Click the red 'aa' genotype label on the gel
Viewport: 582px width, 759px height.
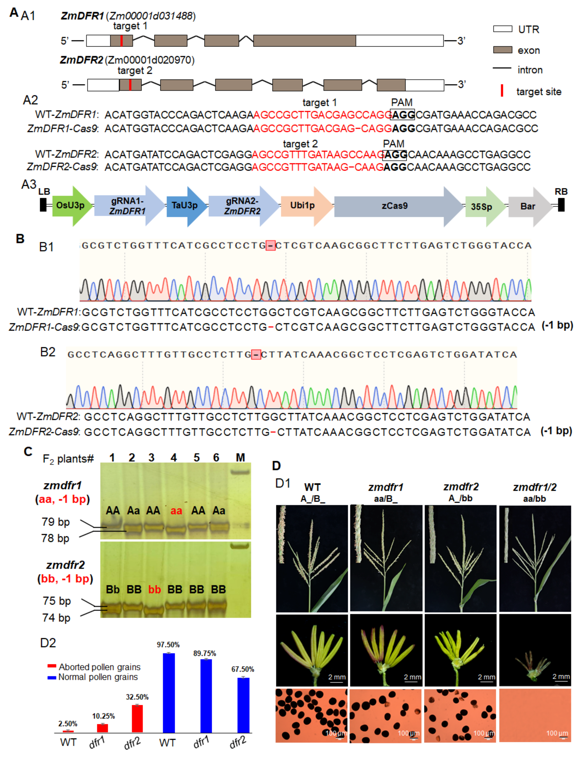(176, 511)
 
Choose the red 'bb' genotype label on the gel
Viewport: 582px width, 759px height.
(155, 589)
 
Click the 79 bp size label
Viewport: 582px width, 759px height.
(55, 522)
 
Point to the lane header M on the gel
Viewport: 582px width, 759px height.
(240, 457)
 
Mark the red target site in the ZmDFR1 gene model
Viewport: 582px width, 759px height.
(121, 41)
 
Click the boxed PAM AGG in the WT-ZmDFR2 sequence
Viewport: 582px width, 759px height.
(395, 155)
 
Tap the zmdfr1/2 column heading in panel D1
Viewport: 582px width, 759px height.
(535, 487)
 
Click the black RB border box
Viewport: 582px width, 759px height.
(561, 204)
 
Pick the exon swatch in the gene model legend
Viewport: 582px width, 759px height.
(502, 50)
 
